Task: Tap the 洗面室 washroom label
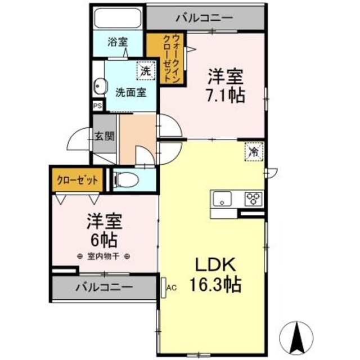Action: pos(131,92)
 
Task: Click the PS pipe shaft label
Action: pos(97,105)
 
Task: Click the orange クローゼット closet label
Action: pos(78,181)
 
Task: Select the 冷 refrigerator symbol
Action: pos(254,152)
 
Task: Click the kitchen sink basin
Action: pos(222,199)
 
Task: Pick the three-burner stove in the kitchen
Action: pos(253,199)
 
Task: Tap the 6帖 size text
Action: pos(104,240)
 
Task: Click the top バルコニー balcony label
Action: pos(204,18)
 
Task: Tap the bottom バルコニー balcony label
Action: pos(105,286)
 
